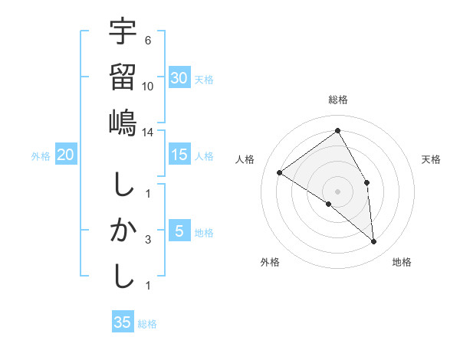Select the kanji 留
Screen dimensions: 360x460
point(123,77)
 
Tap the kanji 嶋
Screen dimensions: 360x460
point(123,123)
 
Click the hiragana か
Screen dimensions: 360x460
point(123,230)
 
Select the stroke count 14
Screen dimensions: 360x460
point(148,132)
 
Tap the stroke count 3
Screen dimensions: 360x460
point(148,240)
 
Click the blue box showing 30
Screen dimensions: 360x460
point(179,78)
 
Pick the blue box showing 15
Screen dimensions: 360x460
point(179,155)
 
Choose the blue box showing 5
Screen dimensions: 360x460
point(179,231)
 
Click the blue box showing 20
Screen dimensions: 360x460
point(66,155)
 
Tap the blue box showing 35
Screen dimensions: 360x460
point(123,322)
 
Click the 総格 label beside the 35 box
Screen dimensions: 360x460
point(147,324)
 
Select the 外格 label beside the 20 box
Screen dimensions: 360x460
point(41,156)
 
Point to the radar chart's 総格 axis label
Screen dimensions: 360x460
point(337,100)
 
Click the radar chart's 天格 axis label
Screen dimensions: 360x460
point(431,159)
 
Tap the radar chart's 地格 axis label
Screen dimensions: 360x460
point(402,262)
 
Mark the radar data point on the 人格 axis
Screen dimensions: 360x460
point(280,172)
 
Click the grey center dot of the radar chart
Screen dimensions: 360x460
point(337,190)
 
